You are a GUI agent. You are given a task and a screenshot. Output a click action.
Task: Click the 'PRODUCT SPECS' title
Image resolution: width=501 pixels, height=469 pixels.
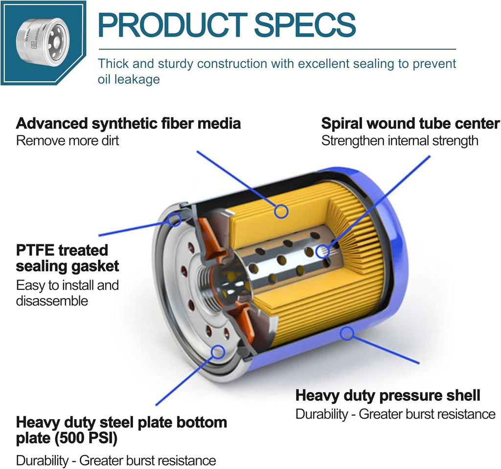(x=227, y=25)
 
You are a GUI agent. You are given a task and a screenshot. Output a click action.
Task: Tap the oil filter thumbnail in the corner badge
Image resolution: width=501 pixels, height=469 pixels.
(x=43, y=42)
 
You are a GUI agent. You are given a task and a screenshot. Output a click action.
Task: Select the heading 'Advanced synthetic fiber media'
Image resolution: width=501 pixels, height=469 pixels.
(x=128, y=124)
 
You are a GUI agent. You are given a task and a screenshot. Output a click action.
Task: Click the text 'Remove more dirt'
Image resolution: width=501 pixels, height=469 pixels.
(x=68, y=141)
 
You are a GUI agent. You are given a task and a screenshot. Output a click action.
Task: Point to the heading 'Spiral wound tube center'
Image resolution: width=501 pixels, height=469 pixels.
(x=410, y=124)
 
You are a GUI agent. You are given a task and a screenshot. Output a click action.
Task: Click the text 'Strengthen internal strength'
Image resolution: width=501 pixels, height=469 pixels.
(x=400, y=141)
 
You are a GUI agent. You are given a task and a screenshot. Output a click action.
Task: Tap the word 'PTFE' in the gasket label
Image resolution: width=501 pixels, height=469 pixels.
(x=35, y=250)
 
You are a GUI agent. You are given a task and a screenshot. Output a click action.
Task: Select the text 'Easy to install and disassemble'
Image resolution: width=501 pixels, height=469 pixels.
(x=68, y=293)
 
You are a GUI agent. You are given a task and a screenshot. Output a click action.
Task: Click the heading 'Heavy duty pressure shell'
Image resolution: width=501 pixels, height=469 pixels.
(x=388, y=396)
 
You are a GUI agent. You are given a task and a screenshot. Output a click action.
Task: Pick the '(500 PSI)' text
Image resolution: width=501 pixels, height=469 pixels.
(x=86, y=438)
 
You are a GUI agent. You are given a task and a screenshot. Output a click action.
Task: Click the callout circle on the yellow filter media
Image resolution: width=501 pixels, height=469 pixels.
(x=281, y=211)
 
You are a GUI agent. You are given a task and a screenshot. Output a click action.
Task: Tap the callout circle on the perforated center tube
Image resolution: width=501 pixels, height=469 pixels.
(x=323, y=252)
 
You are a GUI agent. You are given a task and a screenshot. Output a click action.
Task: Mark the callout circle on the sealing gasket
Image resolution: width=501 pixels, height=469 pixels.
(x=175, y=220)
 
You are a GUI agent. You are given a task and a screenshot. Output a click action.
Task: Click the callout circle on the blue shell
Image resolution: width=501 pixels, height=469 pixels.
(x=347, y=333)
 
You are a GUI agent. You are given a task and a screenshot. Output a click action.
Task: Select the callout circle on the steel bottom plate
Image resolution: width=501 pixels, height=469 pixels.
(x=218, y=352)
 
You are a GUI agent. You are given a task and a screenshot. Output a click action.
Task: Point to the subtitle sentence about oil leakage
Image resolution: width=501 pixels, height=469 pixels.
(x=277, y=71)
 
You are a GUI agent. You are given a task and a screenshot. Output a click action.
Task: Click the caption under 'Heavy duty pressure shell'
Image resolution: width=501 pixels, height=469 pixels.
(x=395, y=414)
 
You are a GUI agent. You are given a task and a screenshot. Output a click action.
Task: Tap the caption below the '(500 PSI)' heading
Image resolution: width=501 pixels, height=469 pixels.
(x=116, y=461)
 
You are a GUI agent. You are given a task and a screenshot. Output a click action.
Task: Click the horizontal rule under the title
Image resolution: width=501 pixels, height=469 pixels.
(x=277, y=49)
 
